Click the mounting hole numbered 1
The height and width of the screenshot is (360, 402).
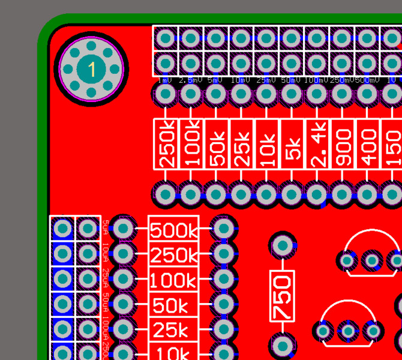click(x=91, y=69)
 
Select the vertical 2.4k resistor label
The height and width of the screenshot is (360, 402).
click(x=317, y=143)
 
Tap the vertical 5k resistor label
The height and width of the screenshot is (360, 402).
click(x=292, y=143)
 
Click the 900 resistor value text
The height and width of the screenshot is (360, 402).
click(x=343, y=143)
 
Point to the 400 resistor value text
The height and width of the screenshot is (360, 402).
click(x=368, y=143)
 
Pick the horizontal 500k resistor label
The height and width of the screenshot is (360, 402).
click(x=173, y=230)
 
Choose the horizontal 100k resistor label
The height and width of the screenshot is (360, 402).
click(x=173, y=281)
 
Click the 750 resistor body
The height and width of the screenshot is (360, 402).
click(x=282, y=296)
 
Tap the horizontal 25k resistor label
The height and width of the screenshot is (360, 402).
click(x=173, y=331)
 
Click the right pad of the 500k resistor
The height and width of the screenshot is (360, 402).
click(x=224, y=228)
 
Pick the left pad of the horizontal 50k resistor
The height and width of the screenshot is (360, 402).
click(x=123, y=304)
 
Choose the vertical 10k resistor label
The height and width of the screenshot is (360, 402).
click(x=266, y=143)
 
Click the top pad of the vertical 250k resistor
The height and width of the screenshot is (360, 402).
click(x=164, y=94)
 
